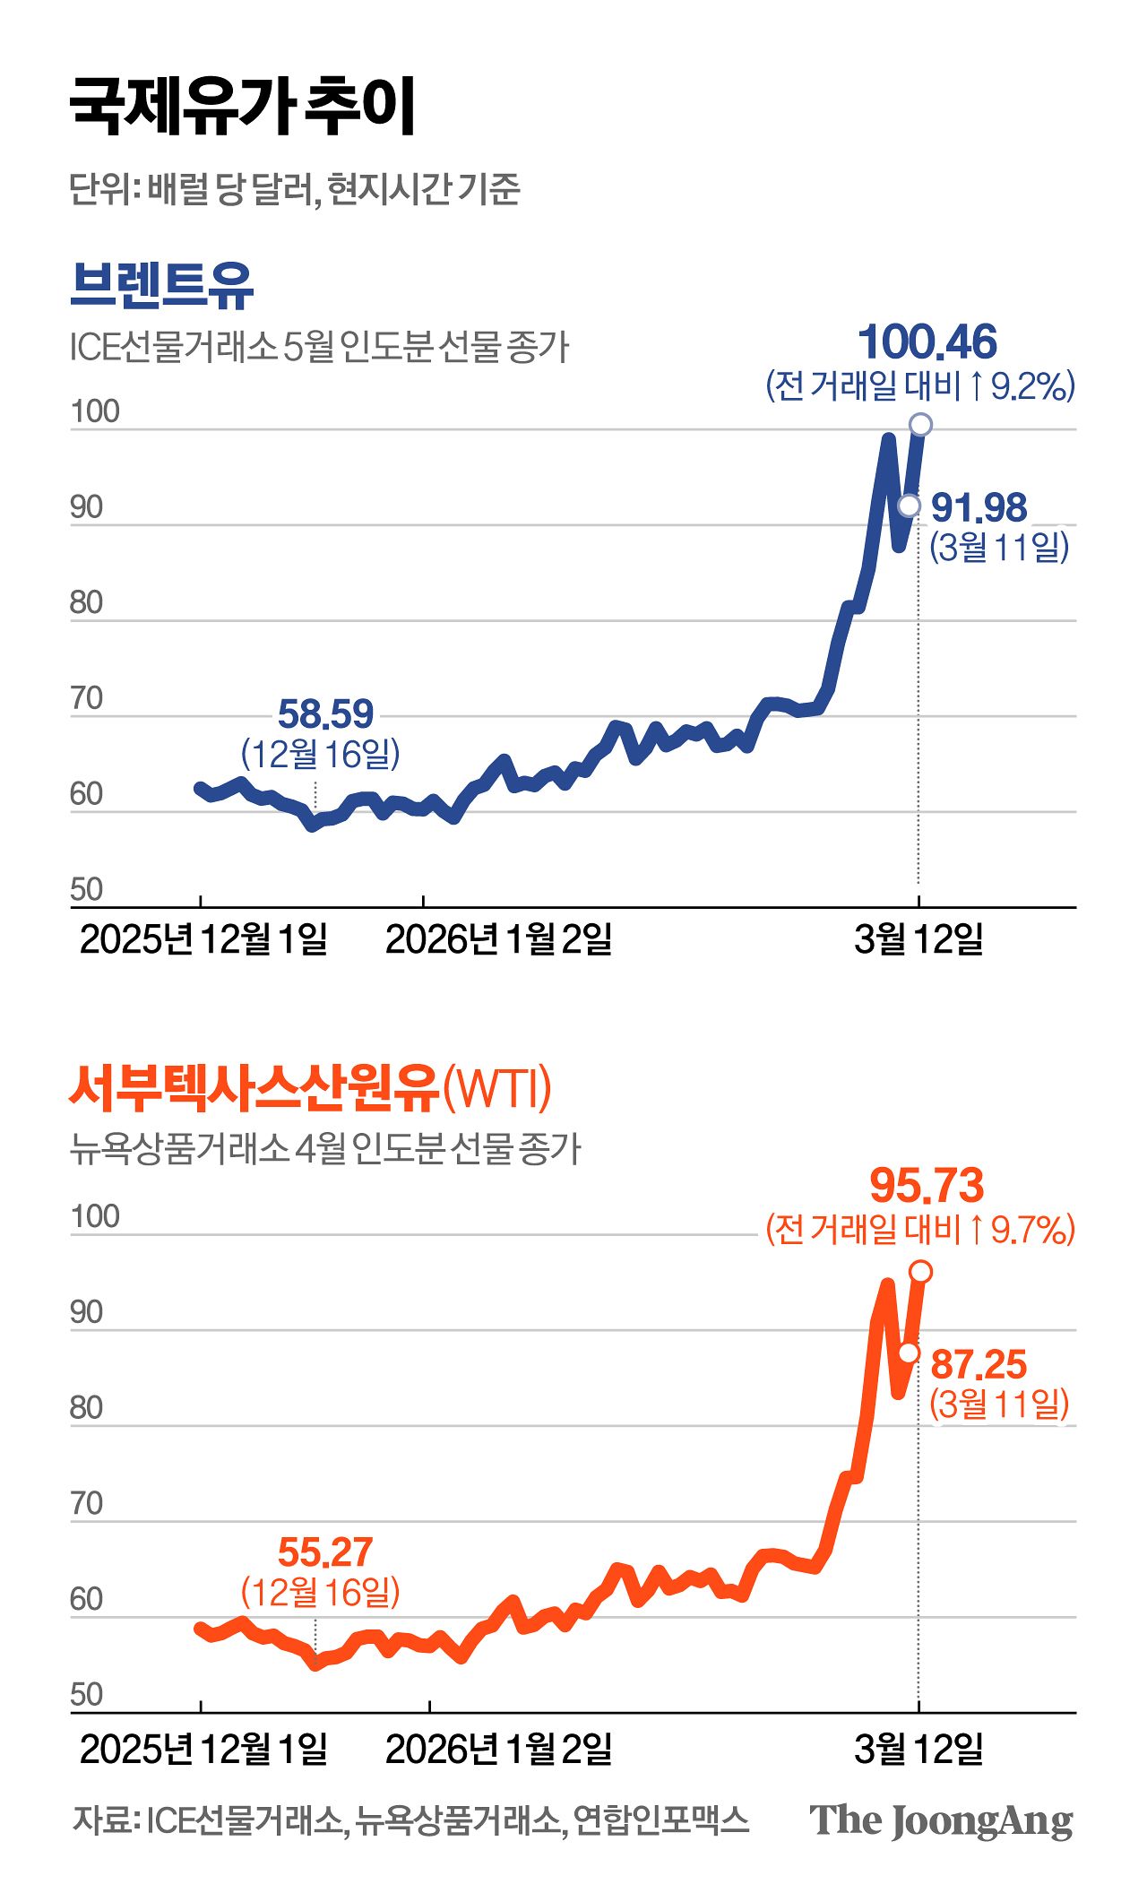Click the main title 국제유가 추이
click(242, 107)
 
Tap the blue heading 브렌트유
click(162, 284)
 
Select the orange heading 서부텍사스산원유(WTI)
click(310, 1088)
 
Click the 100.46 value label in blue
click(927, 342)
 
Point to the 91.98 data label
click(979, 508)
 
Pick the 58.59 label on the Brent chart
click(325, 714)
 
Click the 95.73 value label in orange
click(927, 1185)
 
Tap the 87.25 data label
click(979, 1365)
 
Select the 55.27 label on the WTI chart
click(324, 1552)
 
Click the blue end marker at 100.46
click(920, 424)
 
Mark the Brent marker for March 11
click(909, 506)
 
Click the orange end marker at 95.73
click(920, 1271)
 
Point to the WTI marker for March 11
click(909, 1353)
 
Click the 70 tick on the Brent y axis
click(87, 699)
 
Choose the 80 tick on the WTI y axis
click(87, 1408)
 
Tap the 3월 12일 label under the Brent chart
click(918, 939)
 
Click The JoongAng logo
click(941, 1820)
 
